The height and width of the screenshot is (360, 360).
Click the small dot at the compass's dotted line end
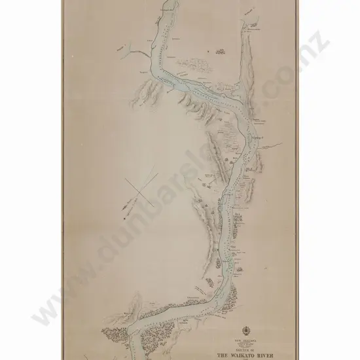tap(123, 208)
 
